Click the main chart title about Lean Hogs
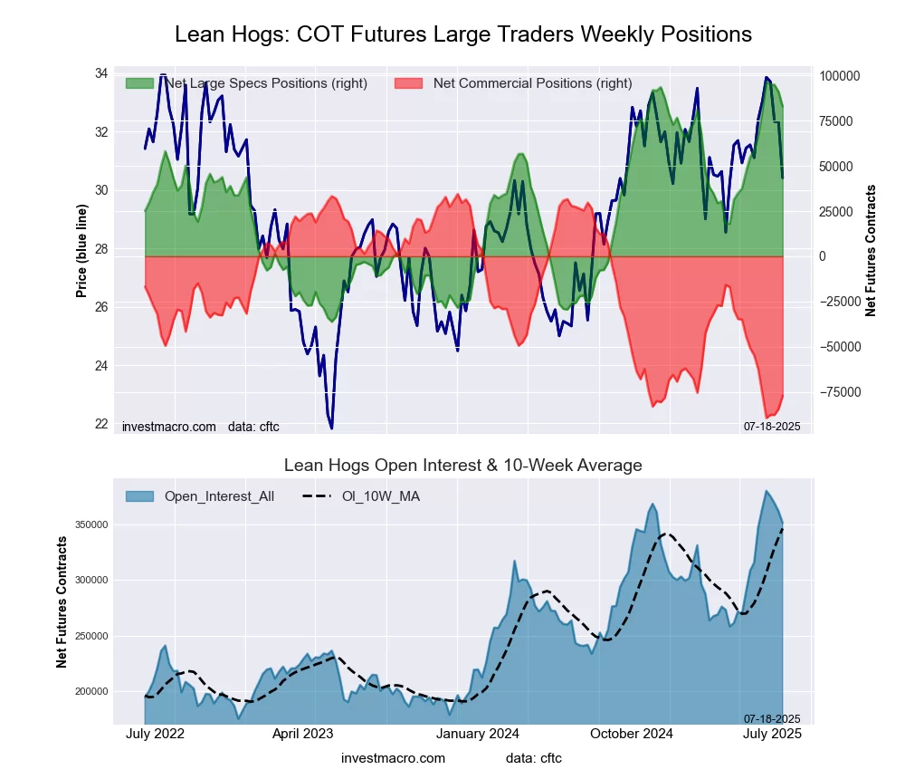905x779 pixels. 462,34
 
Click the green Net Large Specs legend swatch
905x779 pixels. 139,83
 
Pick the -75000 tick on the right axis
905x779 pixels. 840,392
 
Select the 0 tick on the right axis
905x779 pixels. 823,257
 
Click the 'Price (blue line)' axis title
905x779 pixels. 82,251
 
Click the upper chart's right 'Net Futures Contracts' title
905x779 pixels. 872,251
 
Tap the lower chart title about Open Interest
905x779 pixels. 462,466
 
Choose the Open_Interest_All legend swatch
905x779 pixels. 139,496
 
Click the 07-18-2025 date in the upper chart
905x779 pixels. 772,426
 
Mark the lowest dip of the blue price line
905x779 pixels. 331,428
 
